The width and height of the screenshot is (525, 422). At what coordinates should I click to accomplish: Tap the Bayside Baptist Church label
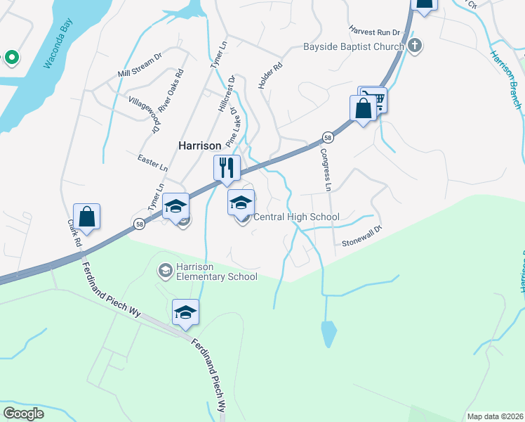pos(353,47)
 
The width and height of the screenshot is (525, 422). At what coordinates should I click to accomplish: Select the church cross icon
pos(415,47)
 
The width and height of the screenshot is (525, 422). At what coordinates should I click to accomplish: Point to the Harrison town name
pos(200,146)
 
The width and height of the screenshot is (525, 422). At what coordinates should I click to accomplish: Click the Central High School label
pos(295,217)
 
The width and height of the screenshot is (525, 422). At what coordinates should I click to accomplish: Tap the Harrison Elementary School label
pos(216,271)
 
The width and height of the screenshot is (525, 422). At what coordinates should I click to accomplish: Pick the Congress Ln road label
pos(325,170)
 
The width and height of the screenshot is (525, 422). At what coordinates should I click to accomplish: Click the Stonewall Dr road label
pos(361,237)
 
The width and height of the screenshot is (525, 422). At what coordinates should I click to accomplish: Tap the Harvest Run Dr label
pos(374,32)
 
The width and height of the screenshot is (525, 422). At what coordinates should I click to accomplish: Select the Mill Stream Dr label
pos(140,63)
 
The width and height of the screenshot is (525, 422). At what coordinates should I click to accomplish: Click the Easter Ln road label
pos(153,163)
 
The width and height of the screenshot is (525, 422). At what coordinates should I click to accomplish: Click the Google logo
pos(23,413)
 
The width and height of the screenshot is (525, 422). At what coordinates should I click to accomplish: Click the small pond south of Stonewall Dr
pos(328,334)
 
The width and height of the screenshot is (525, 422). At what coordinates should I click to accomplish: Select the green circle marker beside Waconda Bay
pos(11,57)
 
